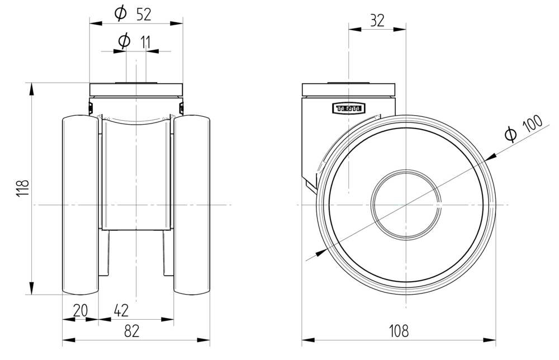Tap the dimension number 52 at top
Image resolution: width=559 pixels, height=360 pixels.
click(144, 15)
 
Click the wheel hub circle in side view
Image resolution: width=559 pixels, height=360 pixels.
click(406, 205)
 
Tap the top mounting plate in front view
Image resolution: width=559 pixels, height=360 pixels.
click(136, 89)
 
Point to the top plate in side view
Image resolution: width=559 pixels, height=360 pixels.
click(348, 89)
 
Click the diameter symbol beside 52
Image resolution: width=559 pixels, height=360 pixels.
click(121, 14)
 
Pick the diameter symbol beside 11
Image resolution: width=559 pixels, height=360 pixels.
click(125, 41)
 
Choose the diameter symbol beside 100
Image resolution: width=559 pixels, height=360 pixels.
click(510, 134)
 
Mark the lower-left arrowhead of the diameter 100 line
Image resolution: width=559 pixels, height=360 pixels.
click(320, 253)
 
